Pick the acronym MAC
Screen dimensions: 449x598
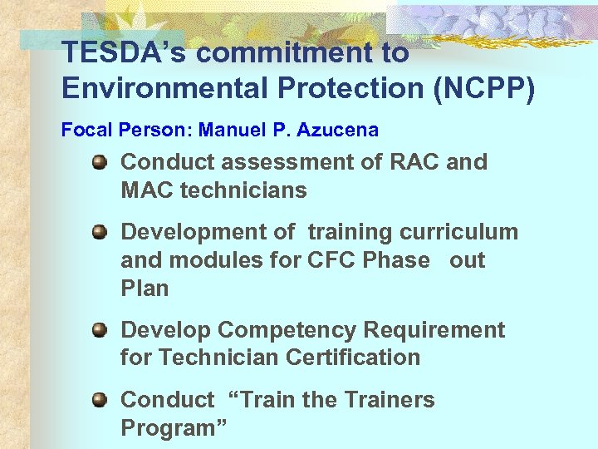pyautogui.click(x=148, y=190)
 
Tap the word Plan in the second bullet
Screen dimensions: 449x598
pyautogui.click(x=145, y=289)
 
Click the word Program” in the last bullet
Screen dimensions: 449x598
pyautogui.click(x=173, y=428)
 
